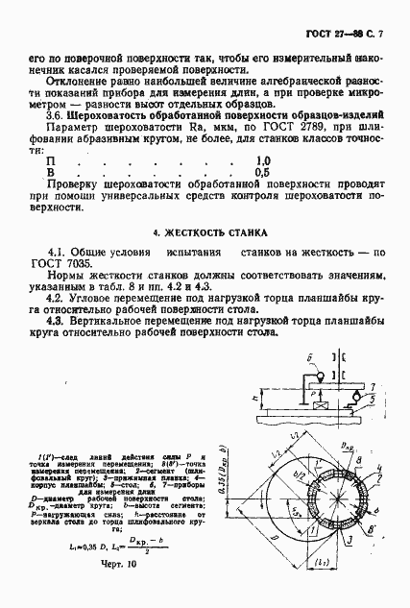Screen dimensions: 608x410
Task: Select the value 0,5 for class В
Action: (262, 173)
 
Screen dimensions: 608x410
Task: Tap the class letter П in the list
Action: (64, 160)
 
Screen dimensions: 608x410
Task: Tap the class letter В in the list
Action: (64, 173)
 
